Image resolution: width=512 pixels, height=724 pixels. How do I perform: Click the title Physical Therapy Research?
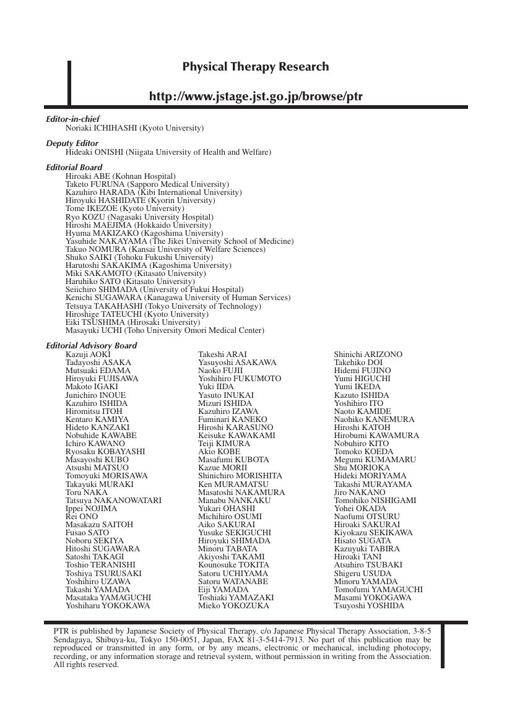point(256,67)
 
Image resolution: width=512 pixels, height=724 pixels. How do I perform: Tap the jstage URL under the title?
point(256,97)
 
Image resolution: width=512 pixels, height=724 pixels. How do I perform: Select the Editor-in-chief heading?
point(72,119)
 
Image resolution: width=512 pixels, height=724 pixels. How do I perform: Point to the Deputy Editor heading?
point(72,143)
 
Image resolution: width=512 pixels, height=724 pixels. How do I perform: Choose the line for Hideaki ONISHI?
point(168,152)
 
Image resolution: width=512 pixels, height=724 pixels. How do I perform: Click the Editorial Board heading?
point(74,167)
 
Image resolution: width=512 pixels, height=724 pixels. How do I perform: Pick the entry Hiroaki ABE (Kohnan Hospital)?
point(120,176)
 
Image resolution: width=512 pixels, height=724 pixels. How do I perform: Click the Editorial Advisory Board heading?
point(92,345)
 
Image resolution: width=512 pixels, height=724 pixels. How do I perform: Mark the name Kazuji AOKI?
point(88,355)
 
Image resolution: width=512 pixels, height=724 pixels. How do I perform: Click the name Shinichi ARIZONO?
point(368,355)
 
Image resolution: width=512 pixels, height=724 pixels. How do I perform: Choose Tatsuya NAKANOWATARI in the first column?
point(113,501)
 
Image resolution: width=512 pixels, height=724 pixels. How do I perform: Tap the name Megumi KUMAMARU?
point(375,460)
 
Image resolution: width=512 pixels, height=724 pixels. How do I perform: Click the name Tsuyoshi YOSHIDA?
point(368,606)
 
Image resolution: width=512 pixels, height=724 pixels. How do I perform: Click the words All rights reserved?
point(86,665)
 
